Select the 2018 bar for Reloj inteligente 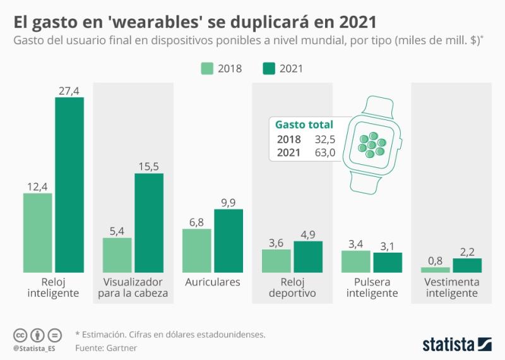click(38, 232)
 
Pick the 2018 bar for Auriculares click(197, 250)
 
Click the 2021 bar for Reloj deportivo click(308, 256)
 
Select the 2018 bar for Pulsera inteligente click(356, 261)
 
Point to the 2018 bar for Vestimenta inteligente click(436, 270)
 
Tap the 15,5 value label click(149, 167)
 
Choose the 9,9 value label click(229, 203)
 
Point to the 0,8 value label click(436, 261)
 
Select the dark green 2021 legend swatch click(269, 69)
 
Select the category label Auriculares click(213, 282)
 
